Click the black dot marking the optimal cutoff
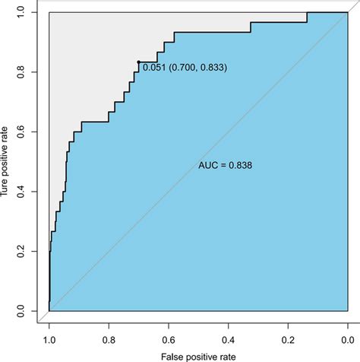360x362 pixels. pos(138,62)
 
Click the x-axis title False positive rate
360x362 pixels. pos(198,355)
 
